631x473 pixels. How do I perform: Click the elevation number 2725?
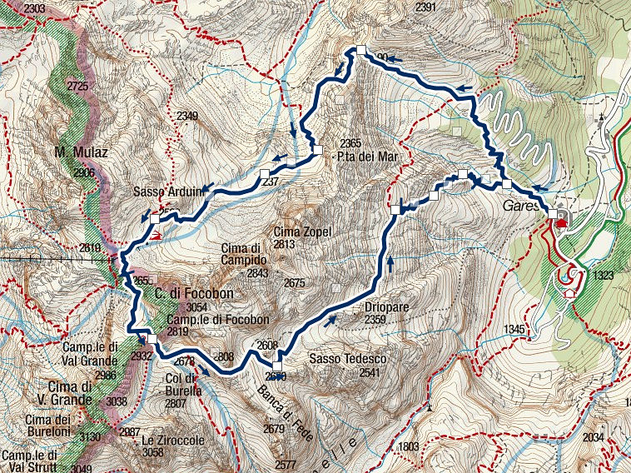(x=77, y=87)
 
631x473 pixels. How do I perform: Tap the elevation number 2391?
(x=425, y=7)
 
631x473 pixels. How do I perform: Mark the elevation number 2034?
(x=592, y=437)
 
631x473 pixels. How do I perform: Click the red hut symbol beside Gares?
(x=562, y=221)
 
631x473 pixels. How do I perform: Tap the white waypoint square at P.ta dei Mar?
(x=318, y=150)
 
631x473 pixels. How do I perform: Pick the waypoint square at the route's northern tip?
(x=361, y=50)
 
